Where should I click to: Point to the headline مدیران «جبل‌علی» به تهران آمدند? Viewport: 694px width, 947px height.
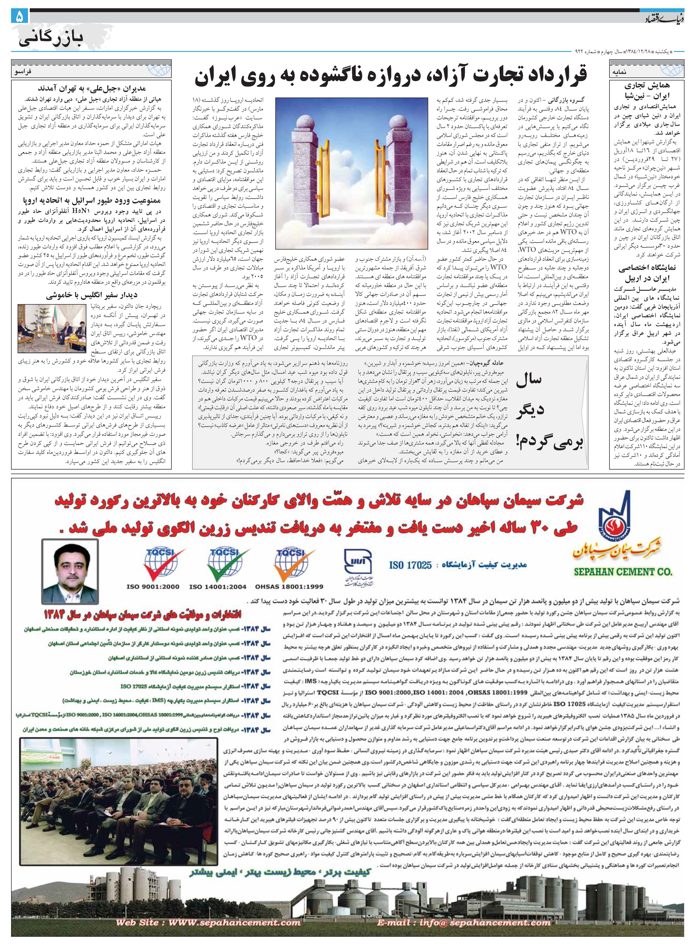[92, 89]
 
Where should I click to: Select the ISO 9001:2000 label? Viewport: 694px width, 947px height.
[153, 587]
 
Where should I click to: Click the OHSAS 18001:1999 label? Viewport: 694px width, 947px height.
[289, 587]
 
